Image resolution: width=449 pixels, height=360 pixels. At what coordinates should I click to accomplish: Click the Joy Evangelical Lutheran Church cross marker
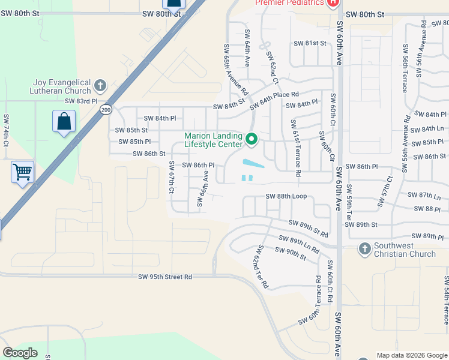click(100, 84)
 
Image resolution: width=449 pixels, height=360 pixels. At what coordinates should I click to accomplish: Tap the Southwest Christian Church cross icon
click(364, 248)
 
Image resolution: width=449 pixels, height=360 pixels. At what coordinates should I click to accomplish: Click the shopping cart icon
click(23, 172)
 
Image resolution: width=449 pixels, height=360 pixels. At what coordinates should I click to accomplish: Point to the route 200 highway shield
click(106, 110)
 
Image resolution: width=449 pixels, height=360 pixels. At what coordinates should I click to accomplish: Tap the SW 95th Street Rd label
click(165, 277)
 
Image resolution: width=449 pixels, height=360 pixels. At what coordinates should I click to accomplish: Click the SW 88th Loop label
click(286, 196)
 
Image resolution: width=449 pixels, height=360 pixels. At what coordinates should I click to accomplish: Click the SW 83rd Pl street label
click(82, 102)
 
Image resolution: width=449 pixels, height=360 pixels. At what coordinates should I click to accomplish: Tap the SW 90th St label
click(291, 253)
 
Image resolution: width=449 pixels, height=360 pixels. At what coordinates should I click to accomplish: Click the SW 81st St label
click(310, 43)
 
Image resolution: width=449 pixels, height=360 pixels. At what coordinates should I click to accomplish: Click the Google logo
click(20, 352)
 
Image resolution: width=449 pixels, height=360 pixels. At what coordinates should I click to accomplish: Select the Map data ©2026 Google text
click(411, 355)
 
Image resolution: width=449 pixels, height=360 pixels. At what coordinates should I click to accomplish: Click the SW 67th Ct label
click(172, 177)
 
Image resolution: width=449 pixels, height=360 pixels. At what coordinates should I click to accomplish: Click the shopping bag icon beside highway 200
click(64, 122)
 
